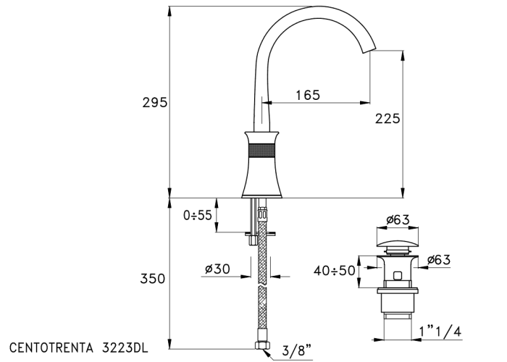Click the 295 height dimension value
pos(154,103)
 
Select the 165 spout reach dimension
pos(308,94)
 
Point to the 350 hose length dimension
pos(154,279)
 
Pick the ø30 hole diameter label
pos(217,269)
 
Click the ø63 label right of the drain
pos(440,260)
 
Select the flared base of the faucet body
pos(261,185)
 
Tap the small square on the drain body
pos(398,275)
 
